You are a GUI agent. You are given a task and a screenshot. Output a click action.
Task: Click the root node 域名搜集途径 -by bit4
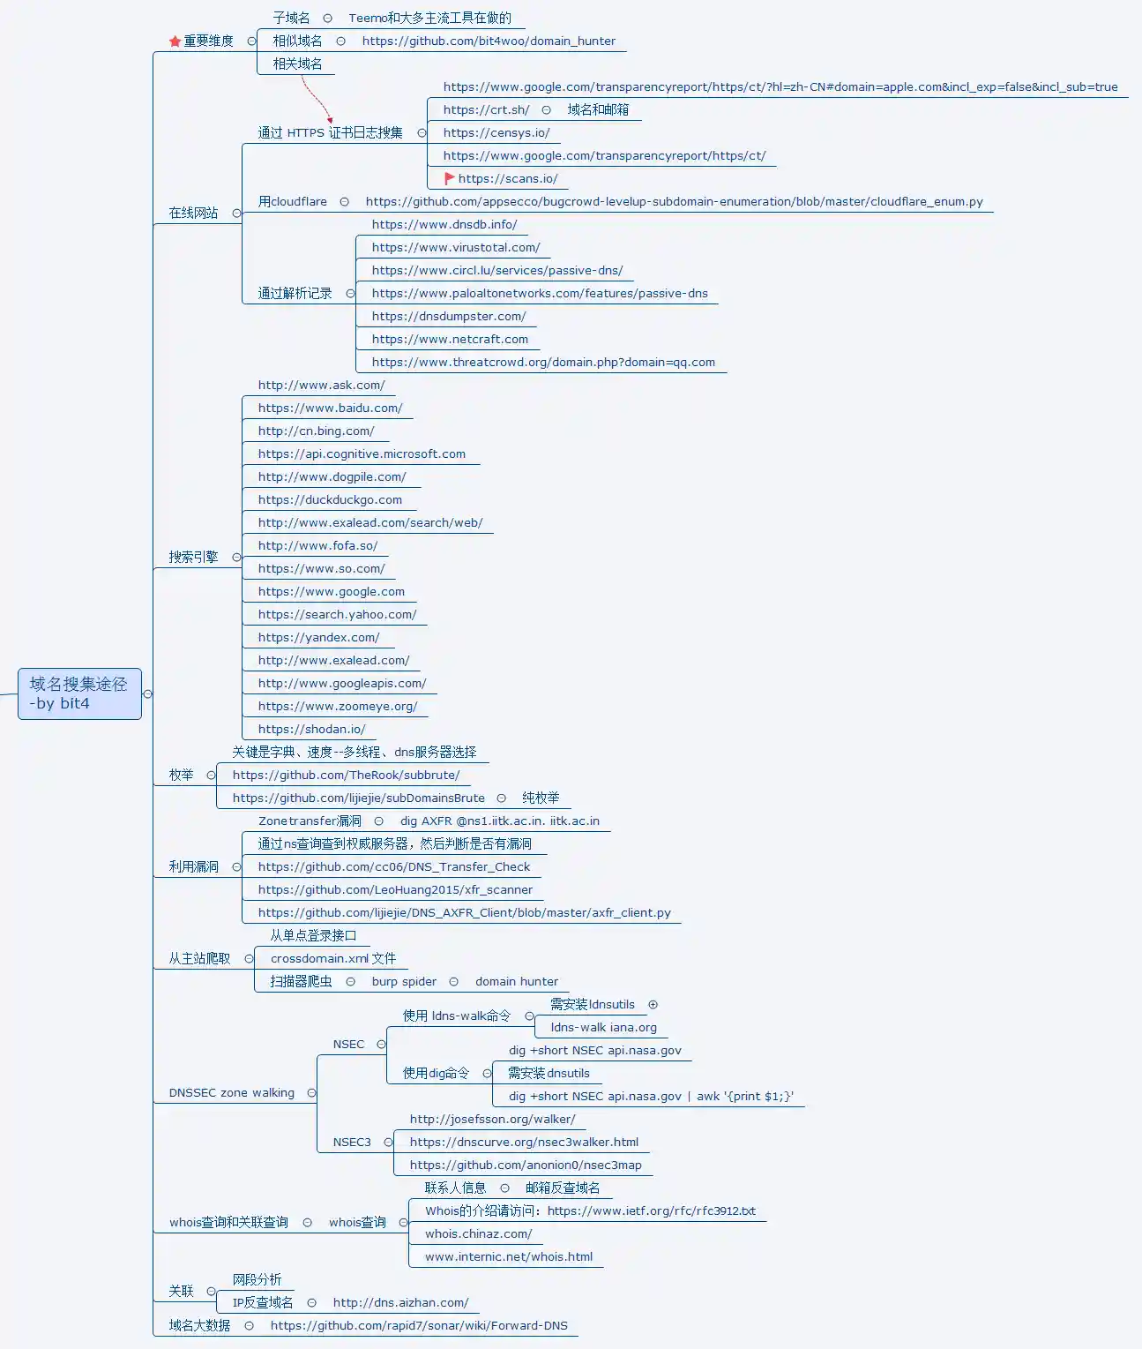78,693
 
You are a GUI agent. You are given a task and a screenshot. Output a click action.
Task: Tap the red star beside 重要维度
175,41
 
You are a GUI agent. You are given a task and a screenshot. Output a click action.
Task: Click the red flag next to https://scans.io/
450,178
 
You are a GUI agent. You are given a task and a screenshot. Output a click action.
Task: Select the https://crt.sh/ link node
486,110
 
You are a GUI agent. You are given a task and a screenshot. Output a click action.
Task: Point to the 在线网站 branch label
193,213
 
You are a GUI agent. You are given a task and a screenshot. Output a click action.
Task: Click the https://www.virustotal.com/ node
455,248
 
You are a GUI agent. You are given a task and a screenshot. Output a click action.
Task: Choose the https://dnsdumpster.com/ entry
448,317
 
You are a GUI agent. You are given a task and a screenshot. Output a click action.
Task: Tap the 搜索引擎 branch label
193,557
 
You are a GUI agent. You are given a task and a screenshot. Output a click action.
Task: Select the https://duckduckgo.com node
330,500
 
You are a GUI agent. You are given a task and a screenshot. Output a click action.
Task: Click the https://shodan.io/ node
311,730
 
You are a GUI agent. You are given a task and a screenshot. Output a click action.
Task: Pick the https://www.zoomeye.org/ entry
338,707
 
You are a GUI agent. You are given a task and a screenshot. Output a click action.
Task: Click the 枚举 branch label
181,775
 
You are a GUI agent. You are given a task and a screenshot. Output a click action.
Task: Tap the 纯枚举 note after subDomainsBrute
541,798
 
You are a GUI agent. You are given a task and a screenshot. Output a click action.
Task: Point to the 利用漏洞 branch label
193,866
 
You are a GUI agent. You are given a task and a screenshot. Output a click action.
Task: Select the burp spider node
404,982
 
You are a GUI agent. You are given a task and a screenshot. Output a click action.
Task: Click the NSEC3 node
352,1143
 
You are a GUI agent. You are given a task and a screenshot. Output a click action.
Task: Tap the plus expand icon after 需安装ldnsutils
653,1004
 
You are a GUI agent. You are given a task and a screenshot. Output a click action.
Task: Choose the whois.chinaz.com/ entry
478,1234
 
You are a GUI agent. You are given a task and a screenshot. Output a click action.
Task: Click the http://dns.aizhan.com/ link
400,1303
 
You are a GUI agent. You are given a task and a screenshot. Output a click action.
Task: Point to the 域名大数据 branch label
199,1325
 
